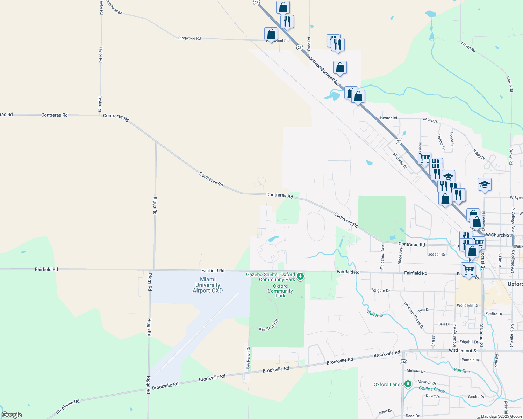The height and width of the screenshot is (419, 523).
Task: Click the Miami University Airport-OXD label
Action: pos(208,285)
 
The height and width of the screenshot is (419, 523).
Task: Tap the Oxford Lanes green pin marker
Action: pos(408,384)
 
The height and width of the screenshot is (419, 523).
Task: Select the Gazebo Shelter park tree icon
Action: pos(300,277)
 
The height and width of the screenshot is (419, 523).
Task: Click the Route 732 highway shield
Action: pos(403,362)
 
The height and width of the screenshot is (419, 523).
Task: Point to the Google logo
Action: pos(12,415)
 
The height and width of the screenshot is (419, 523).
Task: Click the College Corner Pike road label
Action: pos(324,71)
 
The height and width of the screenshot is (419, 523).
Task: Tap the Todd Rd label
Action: pos(309,44)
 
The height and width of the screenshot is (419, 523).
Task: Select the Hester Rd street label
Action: pos(388,118)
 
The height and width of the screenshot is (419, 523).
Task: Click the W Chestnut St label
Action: pos(463,351)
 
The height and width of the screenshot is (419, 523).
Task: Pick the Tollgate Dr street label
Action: pos(380,291)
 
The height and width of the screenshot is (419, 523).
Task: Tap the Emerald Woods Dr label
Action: pos(414,315)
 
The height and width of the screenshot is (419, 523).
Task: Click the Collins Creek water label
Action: pos(432,389)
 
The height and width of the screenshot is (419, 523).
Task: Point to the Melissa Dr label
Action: pos(416,371)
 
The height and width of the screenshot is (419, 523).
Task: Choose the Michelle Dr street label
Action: pos(400,161)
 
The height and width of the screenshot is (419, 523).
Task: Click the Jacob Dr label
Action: pos(431,120)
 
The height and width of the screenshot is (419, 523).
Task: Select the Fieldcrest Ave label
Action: pos(382,257)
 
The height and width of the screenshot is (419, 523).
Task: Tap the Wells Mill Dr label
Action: pos(467,306)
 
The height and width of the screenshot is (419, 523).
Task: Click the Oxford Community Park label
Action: pos(280,291)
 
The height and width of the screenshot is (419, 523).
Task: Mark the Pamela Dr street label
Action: pos(471,360)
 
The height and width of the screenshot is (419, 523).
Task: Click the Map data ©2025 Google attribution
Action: pos(501,416)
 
